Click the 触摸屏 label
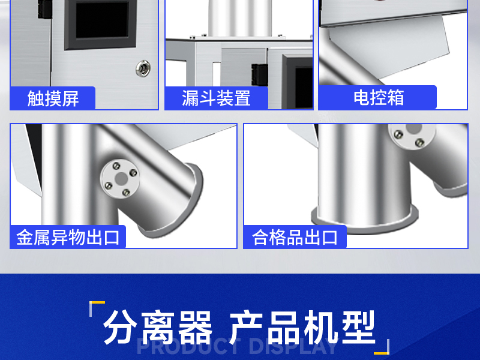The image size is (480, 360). (x=53, y=98)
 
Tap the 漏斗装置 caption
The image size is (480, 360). (x=216, y=98)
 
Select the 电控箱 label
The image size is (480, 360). (x=379, y=98)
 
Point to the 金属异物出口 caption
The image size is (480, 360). (x=68, y=237)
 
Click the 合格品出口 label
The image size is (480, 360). (x=295, y=237)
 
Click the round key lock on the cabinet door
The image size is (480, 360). (x=143, y=68)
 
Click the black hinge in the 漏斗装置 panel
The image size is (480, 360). (x=260, y=74)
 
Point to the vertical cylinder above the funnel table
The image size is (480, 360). (x=239, y=19)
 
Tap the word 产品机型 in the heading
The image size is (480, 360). (x=302, y=327)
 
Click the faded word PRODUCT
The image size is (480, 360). (x=188, y=346)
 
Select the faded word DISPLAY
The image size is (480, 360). (x=293, y=347)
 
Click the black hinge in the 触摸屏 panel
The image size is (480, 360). (x=44, y=9)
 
